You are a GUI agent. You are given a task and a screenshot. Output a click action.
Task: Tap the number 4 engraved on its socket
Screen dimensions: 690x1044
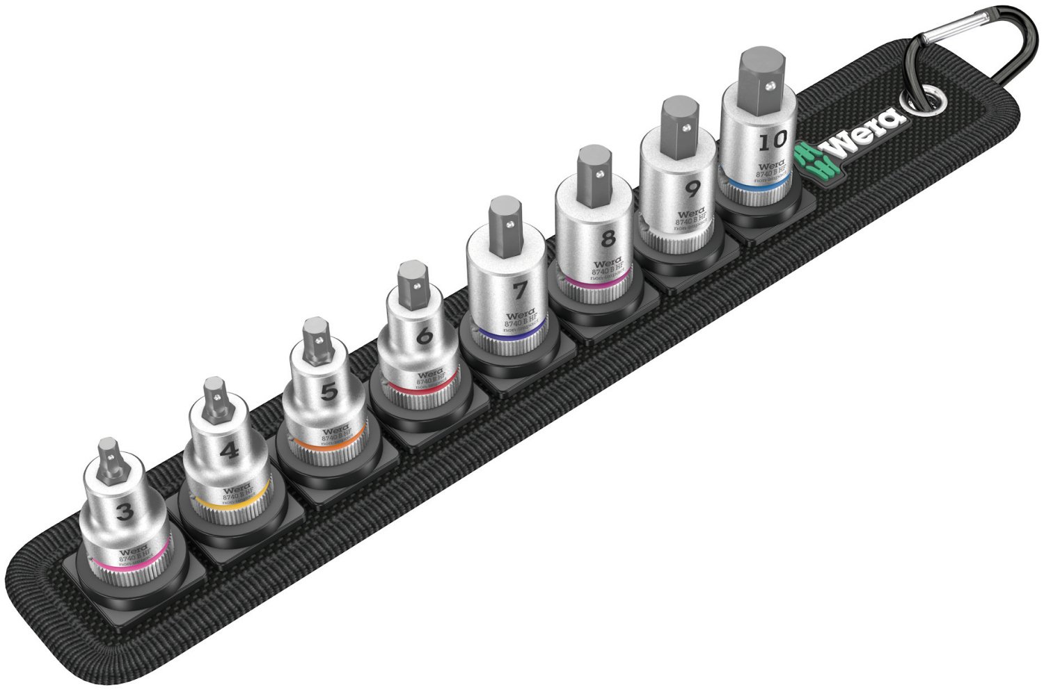coord(228,451)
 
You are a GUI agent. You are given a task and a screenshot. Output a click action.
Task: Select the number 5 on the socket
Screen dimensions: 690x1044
coord(329,391)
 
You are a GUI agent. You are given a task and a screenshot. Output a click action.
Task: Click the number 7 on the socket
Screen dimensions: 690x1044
coord(520,288)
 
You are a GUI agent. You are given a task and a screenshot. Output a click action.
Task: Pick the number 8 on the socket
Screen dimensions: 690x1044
coord(607,239)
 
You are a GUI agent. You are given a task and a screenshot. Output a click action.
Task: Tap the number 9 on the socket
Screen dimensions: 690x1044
coord(692,189)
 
